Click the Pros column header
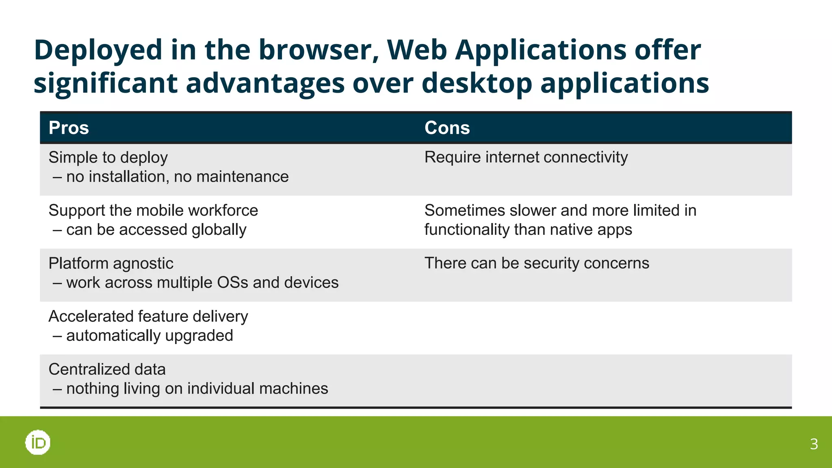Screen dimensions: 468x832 point(69,128)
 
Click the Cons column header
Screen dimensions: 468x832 point(447,128)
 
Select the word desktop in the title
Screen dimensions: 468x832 point(477,83)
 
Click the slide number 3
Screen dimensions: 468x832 point(814,444)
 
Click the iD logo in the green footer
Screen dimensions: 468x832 point(38,442)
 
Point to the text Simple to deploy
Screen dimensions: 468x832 point(108,158)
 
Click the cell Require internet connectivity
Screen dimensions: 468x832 point(526,158)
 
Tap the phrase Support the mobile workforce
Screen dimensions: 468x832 point(153,210)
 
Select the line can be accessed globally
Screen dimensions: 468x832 point(156,230)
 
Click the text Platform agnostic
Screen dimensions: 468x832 point(111,264)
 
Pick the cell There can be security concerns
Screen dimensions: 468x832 point(537,263)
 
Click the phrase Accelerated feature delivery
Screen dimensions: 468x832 point(148,316)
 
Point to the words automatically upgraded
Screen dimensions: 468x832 point(149,336)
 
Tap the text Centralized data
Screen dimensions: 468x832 point(107,369)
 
